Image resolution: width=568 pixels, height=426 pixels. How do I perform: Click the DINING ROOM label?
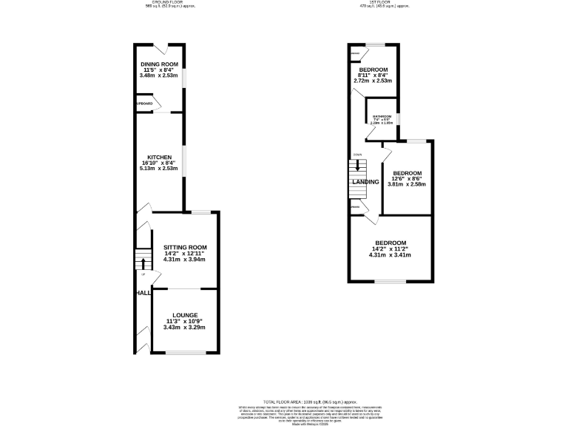(159, 63)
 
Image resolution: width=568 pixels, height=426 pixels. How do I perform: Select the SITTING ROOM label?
(185, 247)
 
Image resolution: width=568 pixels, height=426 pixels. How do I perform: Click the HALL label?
(143, 293)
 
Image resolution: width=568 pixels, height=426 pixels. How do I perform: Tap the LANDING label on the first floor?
(365, 181)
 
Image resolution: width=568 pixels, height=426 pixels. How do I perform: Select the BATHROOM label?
(382, 116)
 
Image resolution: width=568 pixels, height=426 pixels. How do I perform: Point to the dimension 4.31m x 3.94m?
(185, 260)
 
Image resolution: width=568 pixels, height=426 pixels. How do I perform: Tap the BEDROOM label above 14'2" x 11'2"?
(390, 243)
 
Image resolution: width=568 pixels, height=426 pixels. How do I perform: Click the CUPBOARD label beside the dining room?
(143, 104)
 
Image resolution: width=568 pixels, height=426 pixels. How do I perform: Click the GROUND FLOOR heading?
(164, 3)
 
